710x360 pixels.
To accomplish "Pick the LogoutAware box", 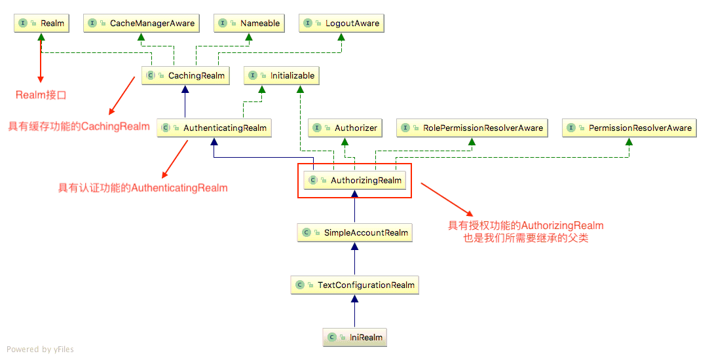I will (342, 24).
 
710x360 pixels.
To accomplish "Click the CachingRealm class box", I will (186, 76).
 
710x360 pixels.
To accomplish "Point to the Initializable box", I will (282, 76).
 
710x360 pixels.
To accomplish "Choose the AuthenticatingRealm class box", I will (215, 128).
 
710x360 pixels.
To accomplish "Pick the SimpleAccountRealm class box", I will (355, 233).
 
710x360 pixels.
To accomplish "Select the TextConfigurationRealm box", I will (355, 285).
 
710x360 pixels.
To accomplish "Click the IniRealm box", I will (355, 338).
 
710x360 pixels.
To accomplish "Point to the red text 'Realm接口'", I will (41, 96).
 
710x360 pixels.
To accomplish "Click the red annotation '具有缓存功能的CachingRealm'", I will (79, 126).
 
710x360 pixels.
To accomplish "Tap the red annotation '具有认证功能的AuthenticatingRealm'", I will (143, 189).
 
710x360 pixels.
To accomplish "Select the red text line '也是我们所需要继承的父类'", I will (525, 238).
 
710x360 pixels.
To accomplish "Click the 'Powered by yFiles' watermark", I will (41, 350).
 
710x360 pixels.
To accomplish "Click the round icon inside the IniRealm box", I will (332, 338).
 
